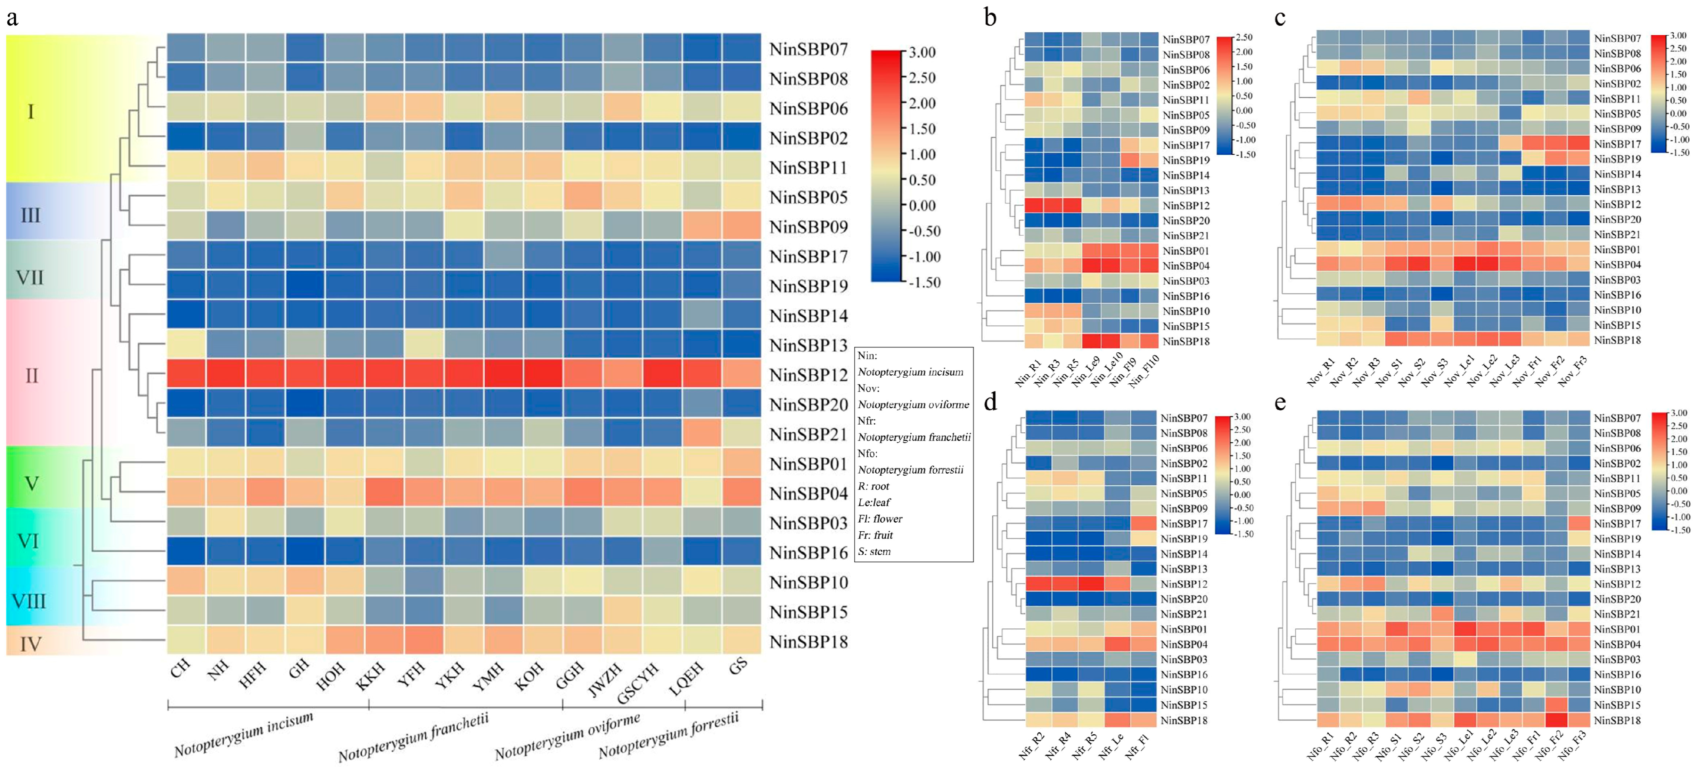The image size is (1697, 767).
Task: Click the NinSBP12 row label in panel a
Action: [x=808, y=375]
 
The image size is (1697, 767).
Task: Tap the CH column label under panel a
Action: [x=180, y=669]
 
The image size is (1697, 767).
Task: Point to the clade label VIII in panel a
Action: [x=30, y=601]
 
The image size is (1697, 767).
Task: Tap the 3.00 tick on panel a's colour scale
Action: [x=922, y=52]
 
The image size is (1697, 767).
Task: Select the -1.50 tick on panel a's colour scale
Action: [x=924, y=283]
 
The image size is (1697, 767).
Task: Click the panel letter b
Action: [x=990, y=18]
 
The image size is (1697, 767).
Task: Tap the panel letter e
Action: [x=1280, y=402]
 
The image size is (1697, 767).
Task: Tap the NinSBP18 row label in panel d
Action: [x=1184, y=720]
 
